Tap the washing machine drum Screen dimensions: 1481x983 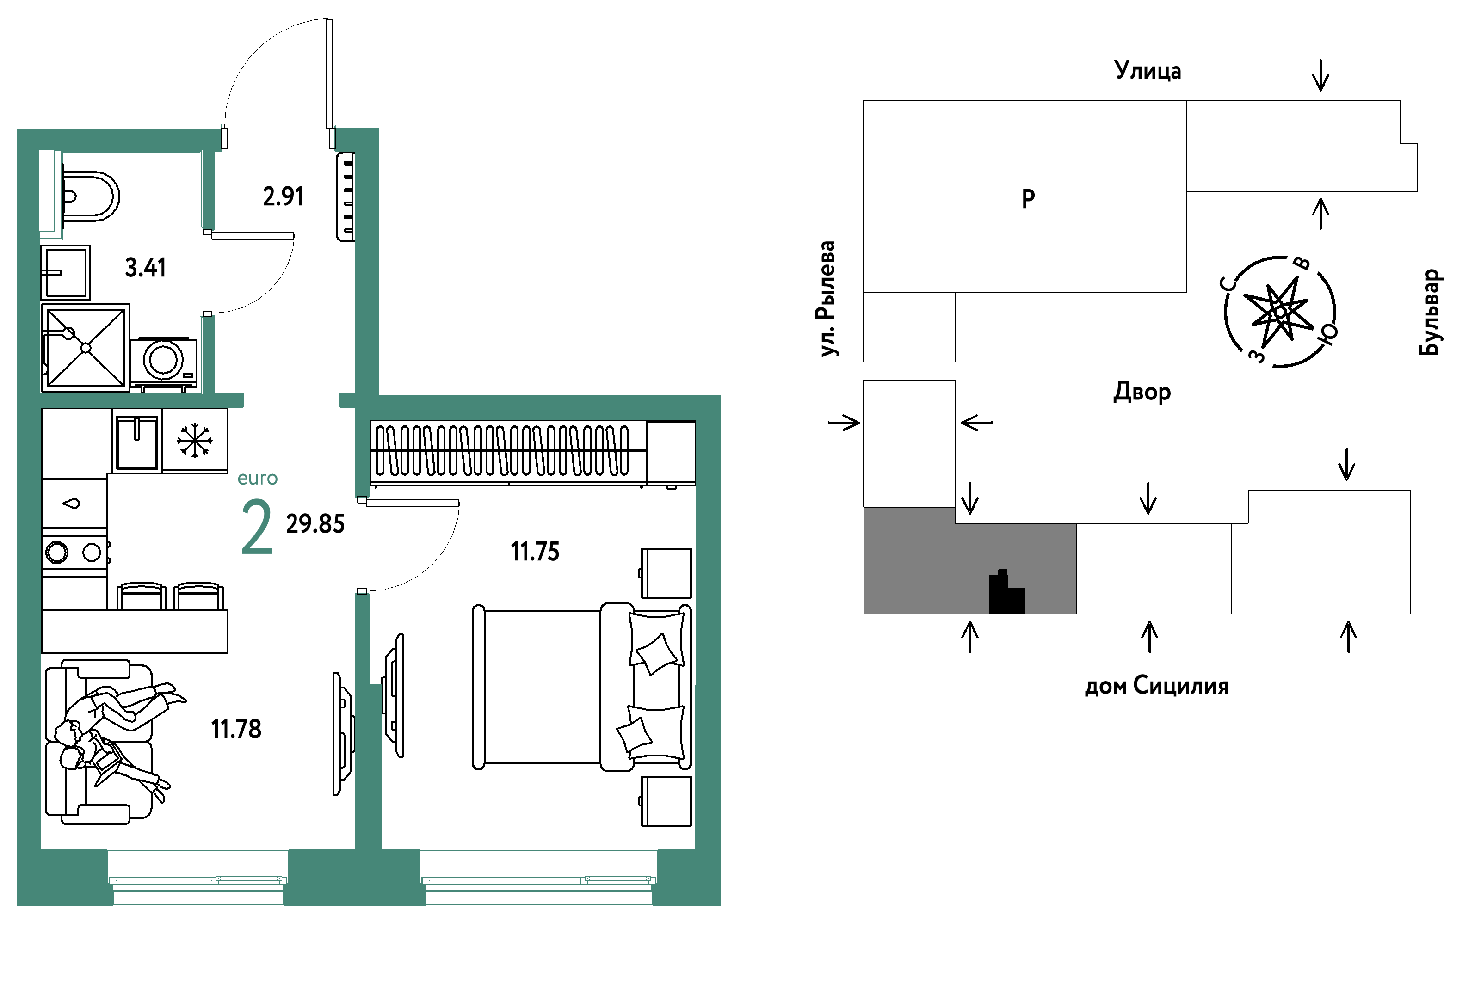click(164, 360)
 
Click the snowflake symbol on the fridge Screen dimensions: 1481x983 click(194, 441)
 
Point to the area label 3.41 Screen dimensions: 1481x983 click(146, 268)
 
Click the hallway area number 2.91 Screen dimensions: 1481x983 click(283, 197)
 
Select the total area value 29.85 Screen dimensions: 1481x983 click(315, 524)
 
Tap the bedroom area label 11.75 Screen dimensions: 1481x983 click(535, 552)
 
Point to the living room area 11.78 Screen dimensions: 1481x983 click(236, 729)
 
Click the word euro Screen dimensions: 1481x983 click(257, 479)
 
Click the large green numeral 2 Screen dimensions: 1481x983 click(257, 527)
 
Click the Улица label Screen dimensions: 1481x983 click(1148, 70)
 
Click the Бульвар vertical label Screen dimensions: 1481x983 click(1430, 312)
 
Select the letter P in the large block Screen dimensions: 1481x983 click(1028, 199)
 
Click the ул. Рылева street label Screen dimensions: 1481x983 click(827, 299)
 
